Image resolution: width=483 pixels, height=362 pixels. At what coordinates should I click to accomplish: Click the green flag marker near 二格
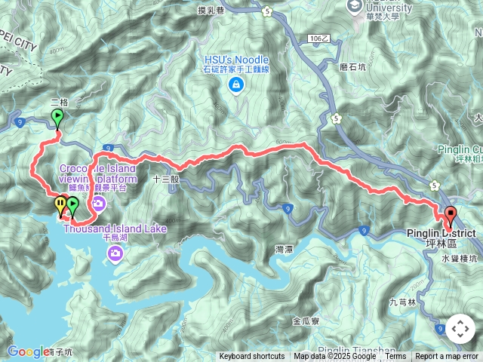point(57,118)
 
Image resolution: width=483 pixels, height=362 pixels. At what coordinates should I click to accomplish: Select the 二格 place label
point(59,101)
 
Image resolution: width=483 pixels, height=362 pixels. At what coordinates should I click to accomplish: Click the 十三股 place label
point(165,180)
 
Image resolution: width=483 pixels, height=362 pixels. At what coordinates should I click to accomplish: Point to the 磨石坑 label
point(352,66)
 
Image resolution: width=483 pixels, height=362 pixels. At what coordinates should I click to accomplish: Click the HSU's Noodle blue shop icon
point(235,84)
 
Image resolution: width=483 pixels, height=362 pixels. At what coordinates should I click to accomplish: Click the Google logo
point(27,351)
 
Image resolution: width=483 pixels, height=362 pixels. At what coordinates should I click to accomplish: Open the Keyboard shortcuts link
point(252,357)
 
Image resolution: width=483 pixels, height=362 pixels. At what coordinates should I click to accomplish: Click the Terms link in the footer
point(395,357)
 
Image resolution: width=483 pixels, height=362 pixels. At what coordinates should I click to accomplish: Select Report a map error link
point(448,357)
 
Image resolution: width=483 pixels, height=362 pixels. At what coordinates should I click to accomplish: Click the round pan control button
point(460,329)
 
